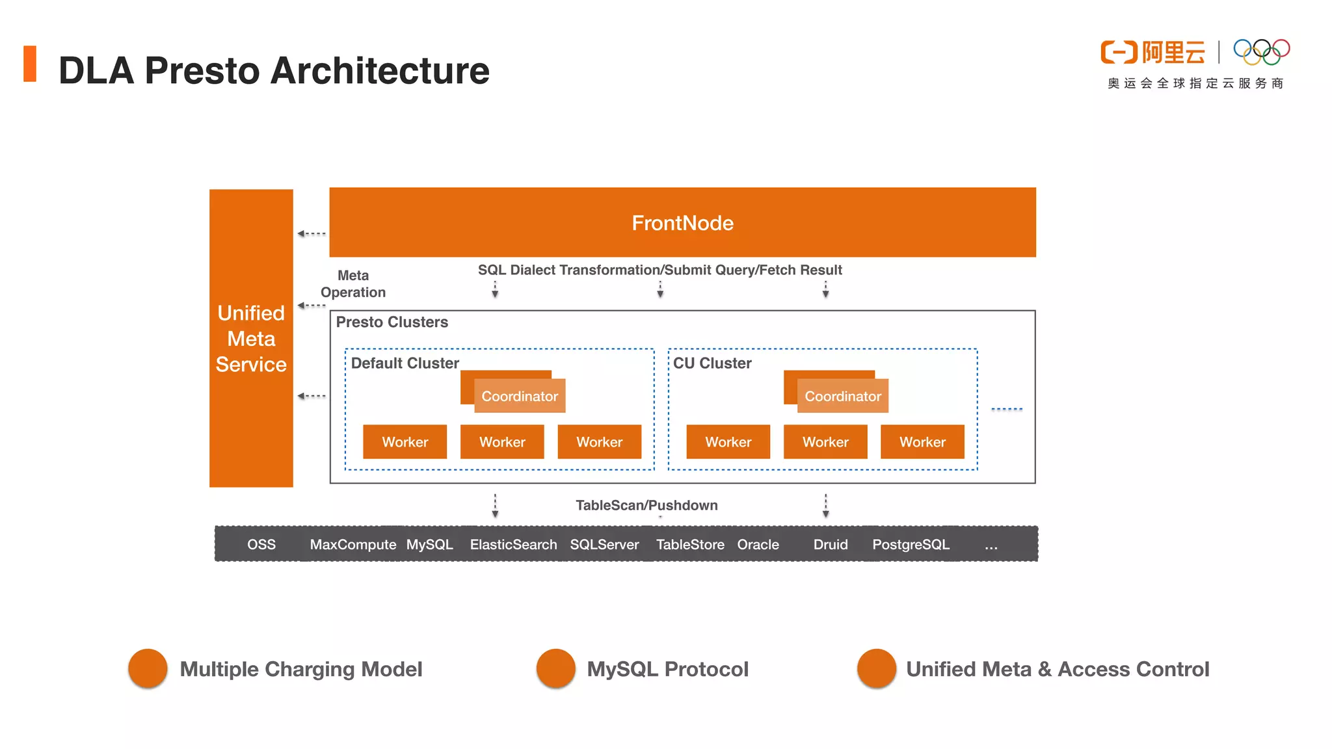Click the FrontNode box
[682, 222]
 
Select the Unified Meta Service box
[251, 338]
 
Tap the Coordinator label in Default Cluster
[520, 396]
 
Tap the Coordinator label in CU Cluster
[843, 396]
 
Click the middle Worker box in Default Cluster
[502, 442]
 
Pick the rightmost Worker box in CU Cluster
[922, 442]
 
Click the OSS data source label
[261, 544]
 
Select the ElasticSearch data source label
[513, 544]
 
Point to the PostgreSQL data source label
[911, 544]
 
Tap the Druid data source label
[831, 544]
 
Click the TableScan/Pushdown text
[646, 505]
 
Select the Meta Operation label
[353, 283]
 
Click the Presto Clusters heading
[392, 322]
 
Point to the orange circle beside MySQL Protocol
[556, 668]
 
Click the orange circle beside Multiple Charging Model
[148, 668]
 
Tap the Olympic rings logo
[1262, 52]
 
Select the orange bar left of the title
[30, 64]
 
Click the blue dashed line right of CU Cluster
[1007, 409]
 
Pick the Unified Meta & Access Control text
[1058, 669]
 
